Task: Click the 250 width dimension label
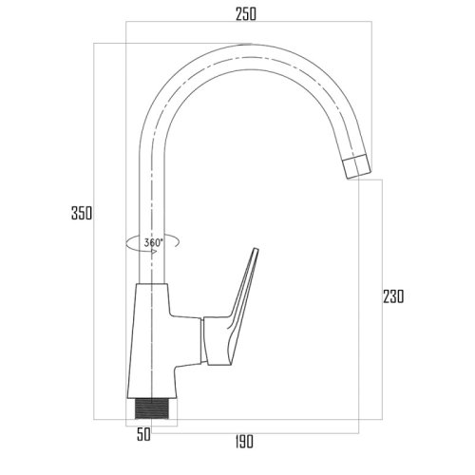click(x=246, y=14)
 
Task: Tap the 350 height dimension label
click(x=82, y=213)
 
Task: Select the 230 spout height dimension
click(x=393, y=296)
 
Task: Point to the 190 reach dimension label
click(x=244, y=442)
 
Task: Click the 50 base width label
click(x=143, y=434)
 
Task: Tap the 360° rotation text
click(x=153, y=242)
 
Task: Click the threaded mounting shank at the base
click(x=152, y=408)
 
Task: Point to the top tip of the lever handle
click(x=256, y=249)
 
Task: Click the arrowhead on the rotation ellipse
click(x=155, y=252)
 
